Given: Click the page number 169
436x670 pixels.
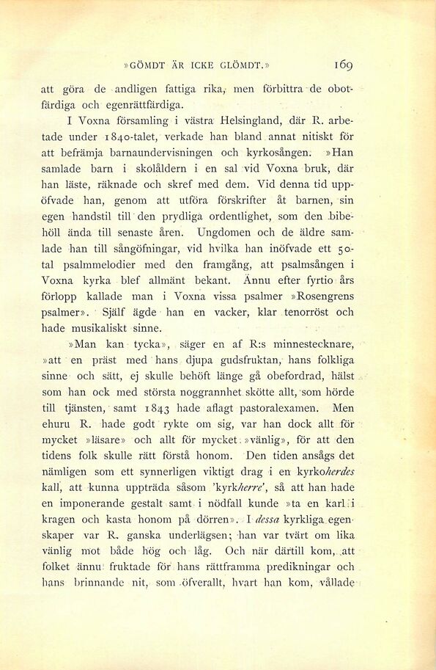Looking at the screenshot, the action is pyautogui.click(x=343, y=64).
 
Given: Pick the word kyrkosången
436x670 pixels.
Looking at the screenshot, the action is pyautogui.click(x=280, y=153).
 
